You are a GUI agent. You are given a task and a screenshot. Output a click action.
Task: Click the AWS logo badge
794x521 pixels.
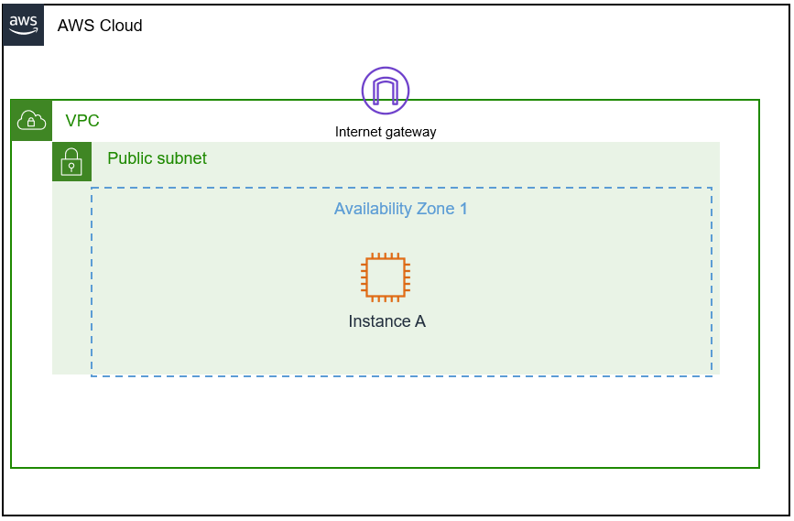[x=24, y=25]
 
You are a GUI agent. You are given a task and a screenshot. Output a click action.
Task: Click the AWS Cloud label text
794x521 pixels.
[x=100, y=26]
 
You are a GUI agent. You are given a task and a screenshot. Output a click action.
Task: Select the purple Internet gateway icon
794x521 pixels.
[x=386, y=91]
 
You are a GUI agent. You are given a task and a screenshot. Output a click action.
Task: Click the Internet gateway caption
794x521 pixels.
[x=386, y=132]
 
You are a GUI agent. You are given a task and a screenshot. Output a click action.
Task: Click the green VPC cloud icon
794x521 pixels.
[x=31, y=121]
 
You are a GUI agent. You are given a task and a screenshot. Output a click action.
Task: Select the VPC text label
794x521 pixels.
[x=82, y=121]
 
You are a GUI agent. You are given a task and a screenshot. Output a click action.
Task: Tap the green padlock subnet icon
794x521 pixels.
[x=71, y=162]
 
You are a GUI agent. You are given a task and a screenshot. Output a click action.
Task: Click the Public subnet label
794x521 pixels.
[x=157, y=158]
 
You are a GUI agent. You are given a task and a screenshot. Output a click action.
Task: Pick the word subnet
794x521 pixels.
[x=183, y=158]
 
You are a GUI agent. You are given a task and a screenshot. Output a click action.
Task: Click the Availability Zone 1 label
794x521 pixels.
[x=400, y=209]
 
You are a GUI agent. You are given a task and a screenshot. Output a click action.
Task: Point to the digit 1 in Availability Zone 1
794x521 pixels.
[x=463, y=209]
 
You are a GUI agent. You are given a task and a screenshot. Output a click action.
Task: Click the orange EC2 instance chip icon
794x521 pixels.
[x=386, y=277]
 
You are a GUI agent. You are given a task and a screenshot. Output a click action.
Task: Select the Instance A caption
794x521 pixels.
[x=386, y=321]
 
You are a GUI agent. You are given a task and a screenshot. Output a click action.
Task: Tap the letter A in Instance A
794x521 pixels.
[x=420, y=321]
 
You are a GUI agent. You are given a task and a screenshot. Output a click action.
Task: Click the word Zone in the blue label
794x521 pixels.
[x=435, y=209]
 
